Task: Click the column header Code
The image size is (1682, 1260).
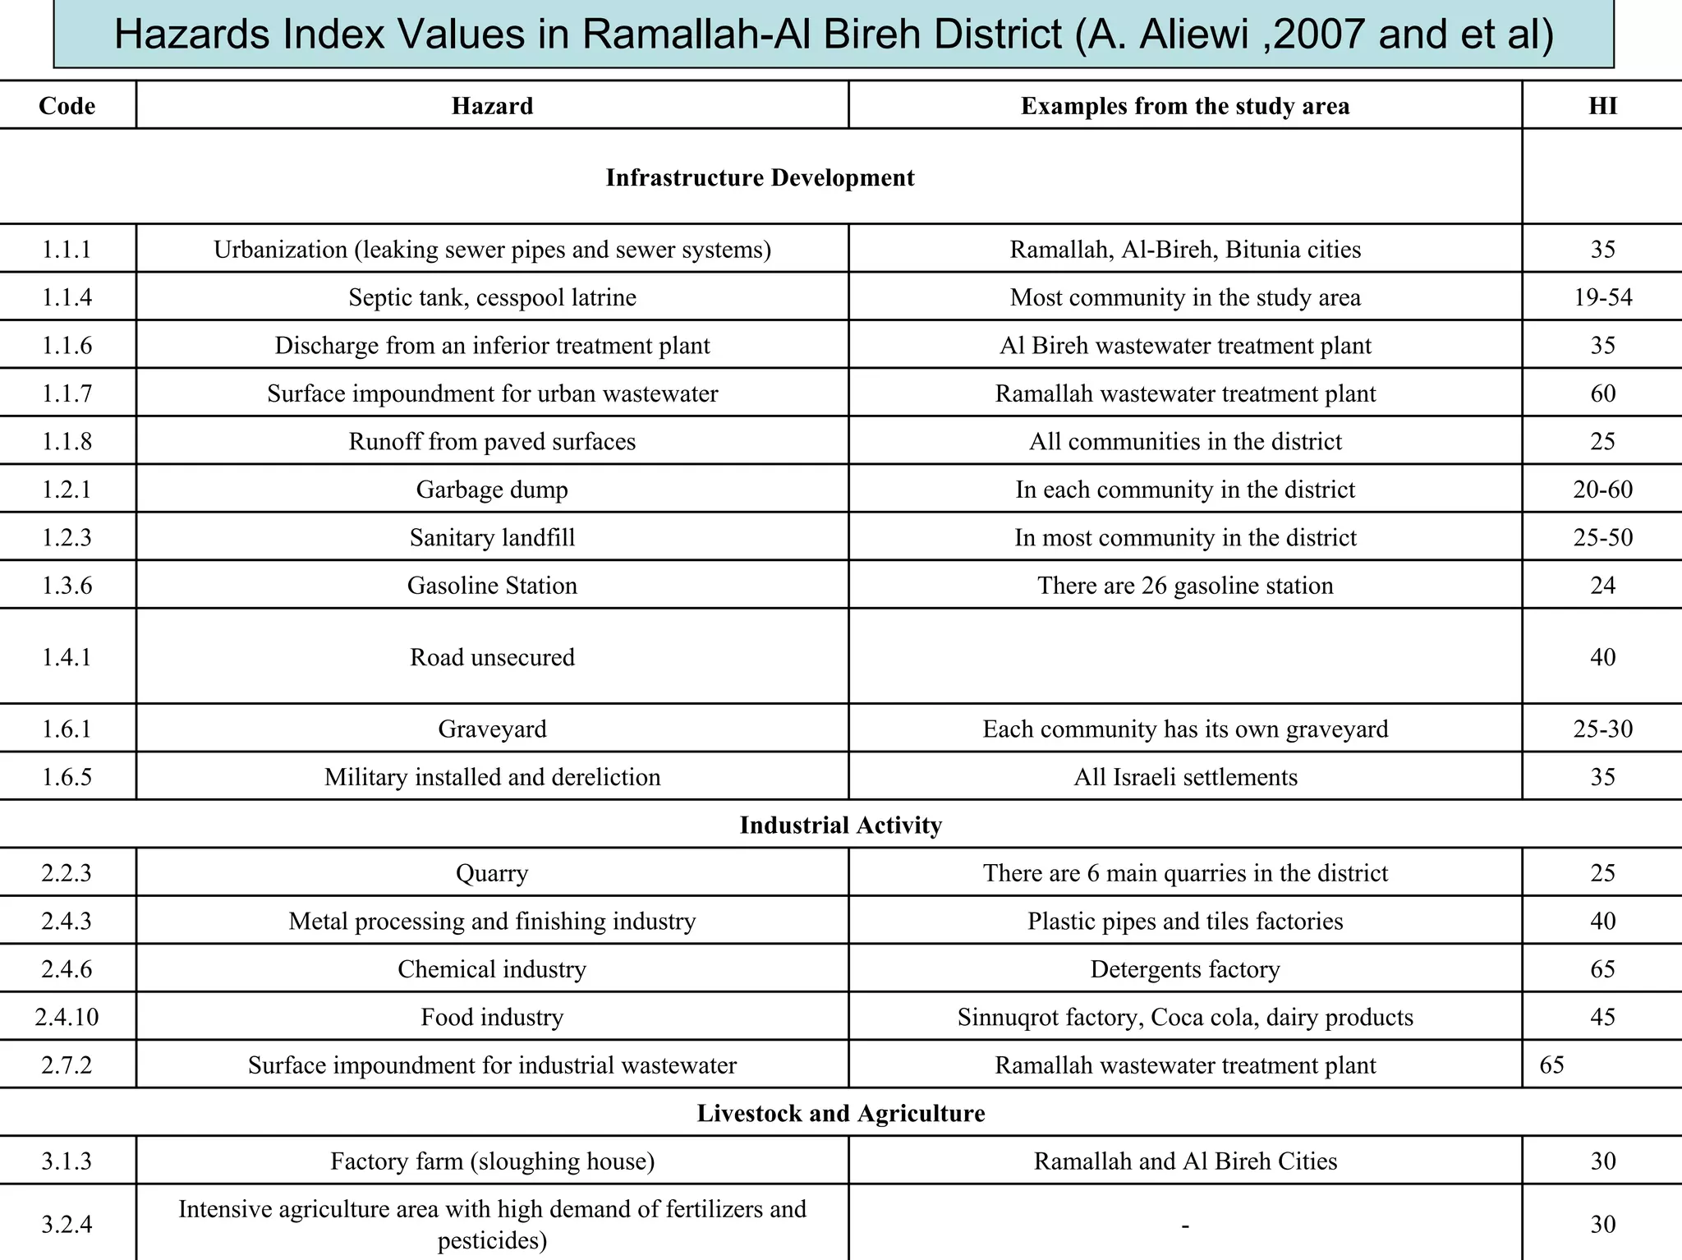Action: point(67,106)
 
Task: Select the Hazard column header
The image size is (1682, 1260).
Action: point(492,106)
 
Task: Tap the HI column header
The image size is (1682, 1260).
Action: point(1602,106)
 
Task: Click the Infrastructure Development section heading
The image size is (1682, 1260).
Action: point(760,178)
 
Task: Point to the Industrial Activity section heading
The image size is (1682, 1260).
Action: point(840,825)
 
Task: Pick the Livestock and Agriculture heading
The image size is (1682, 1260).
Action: point(840,1113)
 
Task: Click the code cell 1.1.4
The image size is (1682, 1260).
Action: point(67,297)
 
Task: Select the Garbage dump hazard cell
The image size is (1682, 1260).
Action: point(492,490)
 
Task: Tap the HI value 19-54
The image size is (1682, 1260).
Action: point(1602,297)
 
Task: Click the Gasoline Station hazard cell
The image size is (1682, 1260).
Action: point(492,586)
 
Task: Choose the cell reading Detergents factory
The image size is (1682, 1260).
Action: point(1184,969)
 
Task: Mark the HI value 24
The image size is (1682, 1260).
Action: point(1602,586)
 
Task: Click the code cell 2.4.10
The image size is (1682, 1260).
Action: point(67,1018)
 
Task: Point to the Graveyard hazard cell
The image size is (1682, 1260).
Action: point(492,729)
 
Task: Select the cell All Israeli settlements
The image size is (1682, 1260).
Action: point(1184,777)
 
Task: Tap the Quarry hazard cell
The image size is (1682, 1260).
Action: point(492,873)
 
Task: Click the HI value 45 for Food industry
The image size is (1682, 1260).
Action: point(1602,1018)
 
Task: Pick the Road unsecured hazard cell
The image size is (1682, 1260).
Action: point(492,657)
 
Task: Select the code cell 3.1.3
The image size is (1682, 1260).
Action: point(67,1161)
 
